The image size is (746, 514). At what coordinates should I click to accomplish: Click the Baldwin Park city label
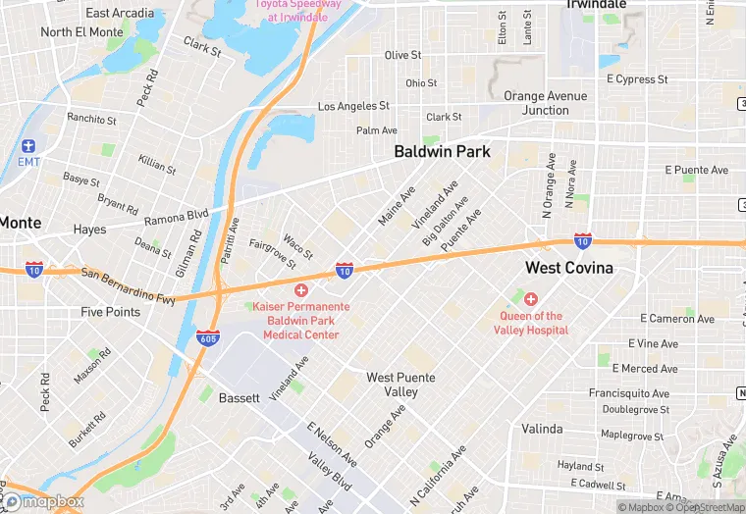[x=442, y=152]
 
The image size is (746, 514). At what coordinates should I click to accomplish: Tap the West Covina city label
[x=568, y=268]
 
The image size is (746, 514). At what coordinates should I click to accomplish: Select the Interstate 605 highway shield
[x=207, y=337]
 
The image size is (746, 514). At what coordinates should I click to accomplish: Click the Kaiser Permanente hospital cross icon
[x=300, y=291]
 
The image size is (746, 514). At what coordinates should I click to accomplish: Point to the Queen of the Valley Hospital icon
[x=531, y=299]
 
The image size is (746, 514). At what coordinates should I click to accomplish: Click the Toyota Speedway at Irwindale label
[x=298, y=10]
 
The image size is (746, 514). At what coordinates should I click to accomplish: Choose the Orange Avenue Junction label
[x=545, y=103]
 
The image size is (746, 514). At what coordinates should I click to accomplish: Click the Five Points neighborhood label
[x=110, y=312]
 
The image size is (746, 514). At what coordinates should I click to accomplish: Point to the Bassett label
[x=239, y=398]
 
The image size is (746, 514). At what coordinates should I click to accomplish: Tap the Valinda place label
[x=542, y=429]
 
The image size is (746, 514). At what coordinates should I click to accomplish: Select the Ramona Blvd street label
[x=177, y=214]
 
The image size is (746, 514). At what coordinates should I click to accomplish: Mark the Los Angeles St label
[x=353, y=106]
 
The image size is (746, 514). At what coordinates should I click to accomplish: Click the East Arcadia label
[x=120, y=13]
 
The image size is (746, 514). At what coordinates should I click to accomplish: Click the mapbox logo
[x=43, y=501]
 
